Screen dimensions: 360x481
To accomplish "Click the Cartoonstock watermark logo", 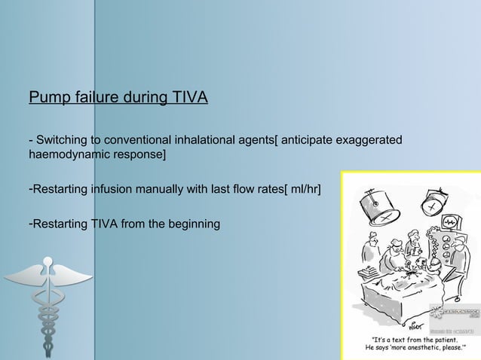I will click(455, 311).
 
